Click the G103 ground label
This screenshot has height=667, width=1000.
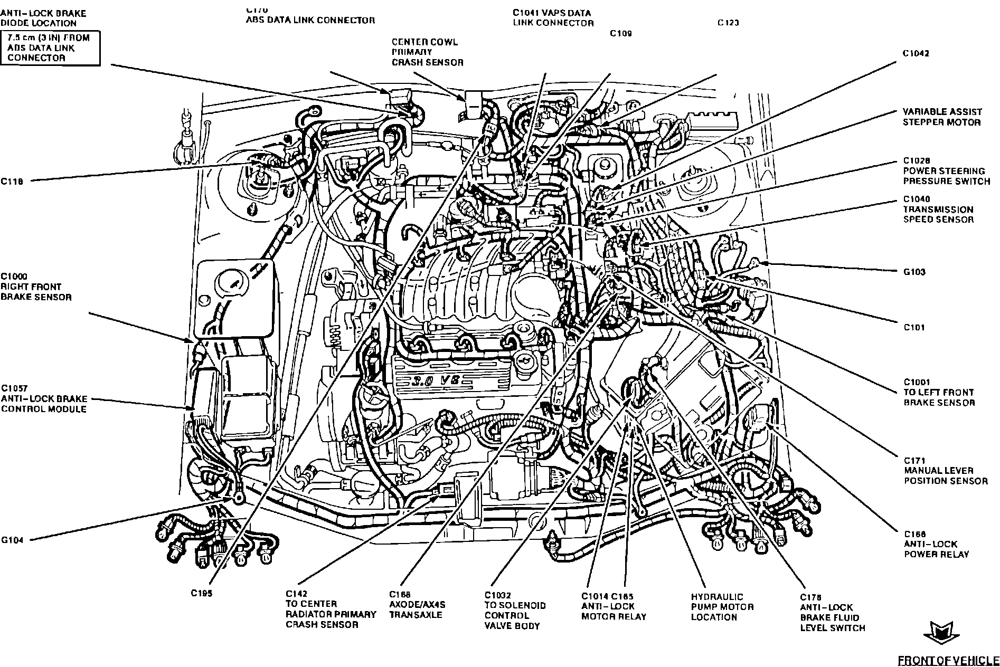(914, 272)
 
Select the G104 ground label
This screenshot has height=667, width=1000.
(12, 540)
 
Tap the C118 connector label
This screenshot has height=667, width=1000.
(12, 181)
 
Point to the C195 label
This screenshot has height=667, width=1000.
(202, 594)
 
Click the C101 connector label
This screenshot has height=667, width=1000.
(914, 327)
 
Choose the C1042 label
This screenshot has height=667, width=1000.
(916, 53)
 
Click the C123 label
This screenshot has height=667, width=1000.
(728, 23)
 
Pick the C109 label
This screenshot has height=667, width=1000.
(621, 33)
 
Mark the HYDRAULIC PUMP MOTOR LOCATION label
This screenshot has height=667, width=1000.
(722, 607)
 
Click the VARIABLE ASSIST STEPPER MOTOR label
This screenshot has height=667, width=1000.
(942, 117)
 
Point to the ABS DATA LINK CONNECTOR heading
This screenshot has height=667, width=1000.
(310, 20)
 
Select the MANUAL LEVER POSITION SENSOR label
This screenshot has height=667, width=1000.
(946, 471)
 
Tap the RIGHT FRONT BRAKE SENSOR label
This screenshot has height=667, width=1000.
(36, 287)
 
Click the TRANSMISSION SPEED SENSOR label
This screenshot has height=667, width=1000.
(938, 209)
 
